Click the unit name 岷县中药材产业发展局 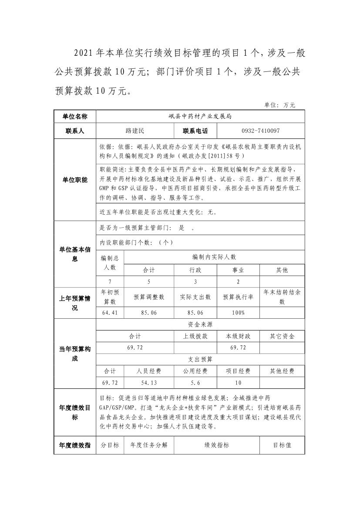200,117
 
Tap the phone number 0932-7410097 260,131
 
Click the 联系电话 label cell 195,131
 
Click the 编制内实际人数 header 214,257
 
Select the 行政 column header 195,270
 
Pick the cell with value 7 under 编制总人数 110,282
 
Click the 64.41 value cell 110,313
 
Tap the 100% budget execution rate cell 238,313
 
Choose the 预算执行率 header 238,297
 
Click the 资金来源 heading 200,324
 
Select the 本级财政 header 238,336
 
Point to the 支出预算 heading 200,359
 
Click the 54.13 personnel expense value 149,382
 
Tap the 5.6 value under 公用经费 195,382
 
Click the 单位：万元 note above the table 280,105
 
